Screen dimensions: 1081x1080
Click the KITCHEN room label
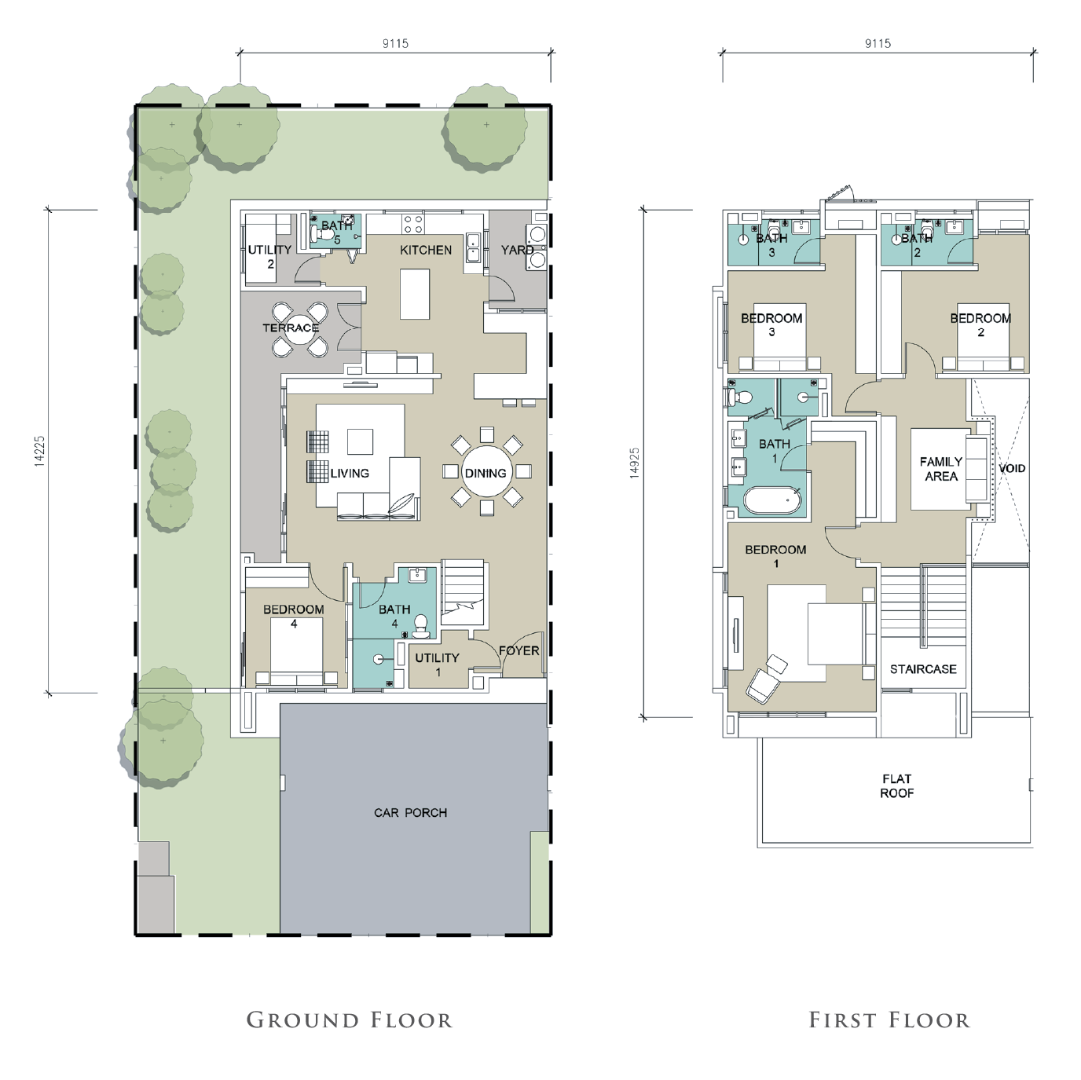point(425,250)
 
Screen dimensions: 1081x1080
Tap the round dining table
point(486,472)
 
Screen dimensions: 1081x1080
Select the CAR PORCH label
point(410,812)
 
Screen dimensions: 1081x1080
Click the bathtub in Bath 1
point(772,500)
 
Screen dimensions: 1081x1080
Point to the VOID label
point(1011,468)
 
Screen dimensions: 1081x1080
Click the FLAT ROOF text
point(896,786)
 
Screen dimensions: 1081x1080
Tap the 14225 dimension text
point(39,451)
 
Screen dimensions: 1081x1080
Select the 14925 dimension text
point(635,463)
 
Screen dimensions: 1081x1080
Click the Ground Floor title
point(349,1020)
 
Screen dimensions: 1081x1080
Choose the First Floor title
point(889,1020)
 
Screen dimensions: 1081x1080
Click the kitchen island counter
point(415,294)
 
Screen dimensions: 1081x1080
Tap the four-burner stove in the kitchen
point(413,225)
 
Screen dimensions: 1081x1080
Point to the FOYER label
point(519,650)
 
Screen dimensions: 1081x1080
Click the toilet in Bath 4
point(421,627)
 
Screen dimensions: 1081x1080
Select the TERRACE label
point(291,327)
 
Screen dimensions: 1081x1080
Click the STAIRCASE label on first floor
point(923,668)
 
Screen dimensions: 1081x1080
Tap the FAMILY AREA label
point(940,468)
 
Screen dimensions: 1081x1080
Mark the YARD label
point(517,250)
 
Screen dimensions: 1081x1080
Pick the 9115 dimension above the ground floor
point(395,43)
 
